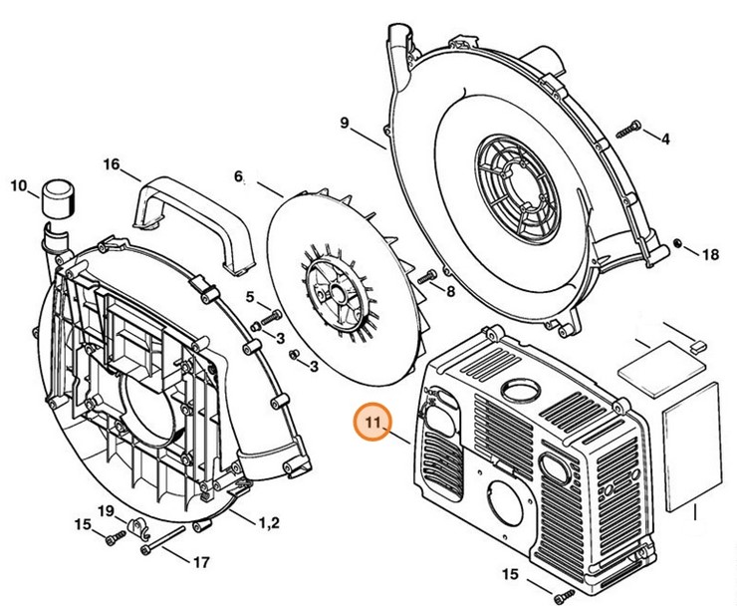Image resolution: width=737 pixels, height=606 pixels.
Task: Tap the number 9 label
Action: [x=344, y=124]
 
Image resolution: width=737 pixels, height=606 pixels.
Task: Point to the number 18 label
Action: [x=710, y=255]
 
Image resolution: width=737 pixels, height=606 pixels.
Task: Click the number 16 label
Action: [x=111, y=163]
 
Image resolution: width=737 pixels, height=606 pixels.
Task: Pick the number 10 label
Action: [x=17, y=184]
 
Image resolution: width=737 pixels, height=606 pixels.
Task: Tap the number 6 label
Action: [x=239, y=176]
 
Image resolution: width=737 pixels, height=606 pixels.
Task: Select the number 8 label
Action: [x=450, y=291]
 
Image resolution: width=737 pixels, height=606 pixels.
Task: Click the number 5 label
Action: [x=251, y=295]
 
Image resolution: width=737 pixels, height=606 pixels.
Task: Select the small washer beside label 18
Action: [x=678, y=245]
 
